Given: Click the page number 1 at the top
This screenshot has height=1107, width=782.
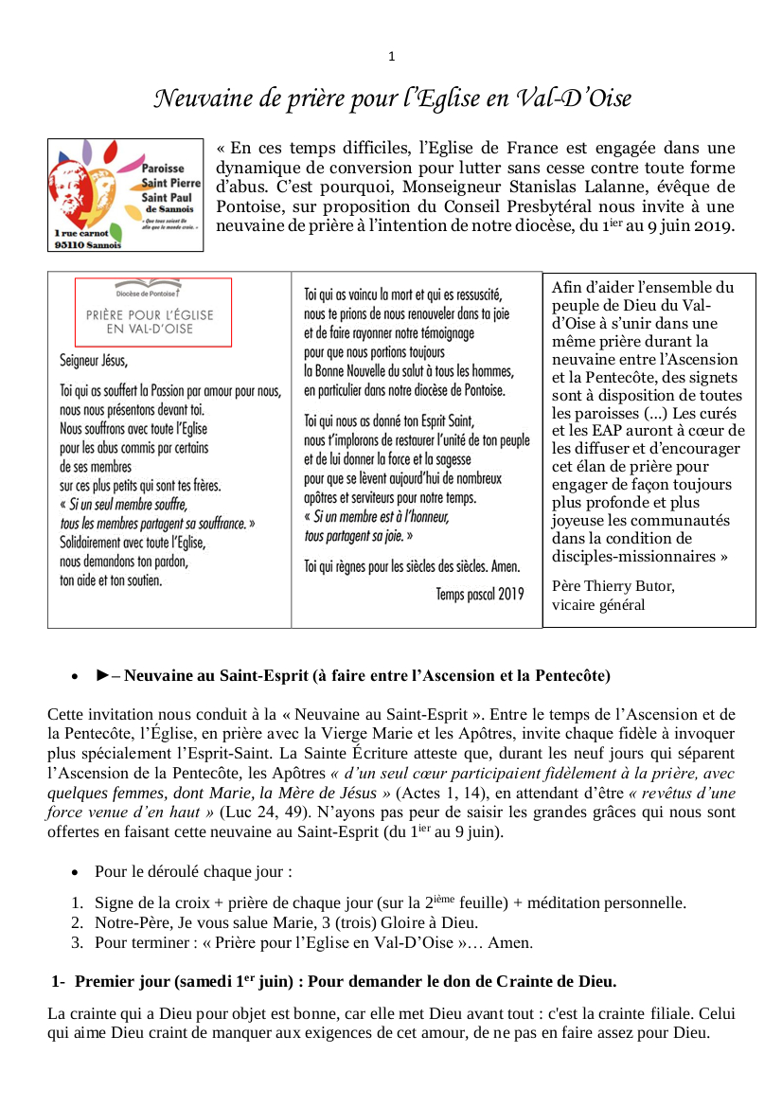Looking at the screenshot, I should [x=392, y=57].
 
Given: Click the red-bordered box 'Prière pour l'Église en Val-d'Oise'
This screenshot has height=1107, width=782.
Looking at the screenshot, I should [x=153, y=312].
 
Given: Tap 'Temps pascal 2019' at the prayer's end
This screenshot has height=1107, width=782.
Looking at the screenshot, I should [x=479, y=594].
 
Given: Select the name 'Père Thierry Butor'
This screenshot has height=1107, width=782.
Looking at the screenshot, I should [x=613, y=586].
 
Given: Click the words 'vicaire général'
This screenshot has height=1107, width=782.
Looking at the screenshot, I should [x=598, y=605].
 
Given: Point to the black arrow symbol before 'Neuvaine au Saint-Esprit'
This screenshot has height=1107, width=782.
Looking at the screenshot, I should [x=103, y=676].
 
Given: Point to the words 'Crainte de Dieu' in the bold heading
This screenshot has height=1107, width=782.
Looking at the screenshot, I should [x=562, y=981].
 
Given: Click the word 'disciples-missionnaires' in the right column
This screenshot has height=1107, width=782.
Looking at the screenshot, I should [x=628, y=556].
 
